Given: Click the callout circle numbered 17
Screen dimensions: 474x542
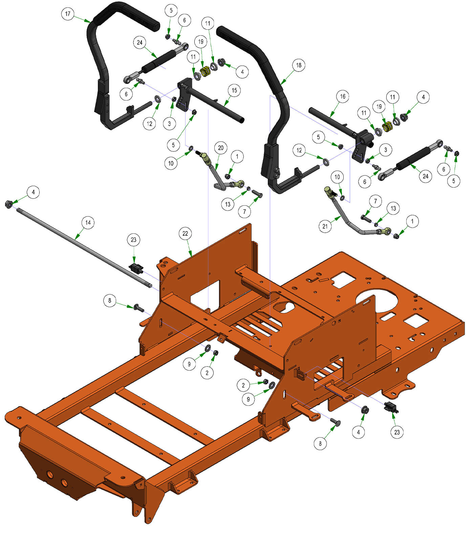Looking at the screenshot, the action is click(68, 14).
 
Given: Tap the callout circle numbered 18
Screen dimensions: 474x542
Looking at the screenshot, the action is click(298, 65).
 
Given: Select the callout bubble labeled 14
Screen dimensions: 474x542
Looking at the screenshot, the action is click(88, 223).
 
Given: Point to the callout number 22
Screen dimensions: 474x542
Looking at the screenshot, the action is click(185, 234).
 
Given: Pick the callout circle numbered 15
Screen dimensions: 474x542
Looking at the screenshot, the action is click(234, 90).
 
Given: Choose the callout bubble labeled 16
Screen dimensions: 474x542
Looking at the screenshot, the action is click(342, 97).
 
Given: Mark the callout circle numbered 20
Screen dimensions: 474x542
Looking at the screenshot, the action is click(221, 148).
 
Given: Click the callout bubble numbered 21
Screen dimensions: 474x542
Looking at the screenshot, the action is click(325, 226).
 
